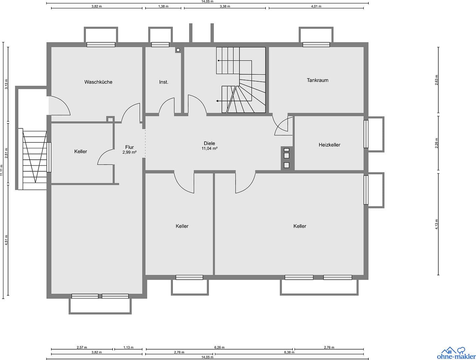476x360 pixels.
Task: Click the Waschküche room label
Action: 98,82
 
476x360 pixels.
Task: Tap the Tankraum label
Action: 317,80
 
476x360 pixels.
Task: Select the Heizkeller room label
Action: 329,145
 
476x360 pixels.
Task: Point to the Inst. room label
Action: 164,82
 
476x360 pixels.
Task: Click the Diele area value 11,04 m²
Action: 210,149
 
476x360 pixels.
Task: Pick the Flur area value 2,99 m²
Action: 129,152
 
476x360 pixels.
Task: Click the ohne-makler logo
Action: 456,353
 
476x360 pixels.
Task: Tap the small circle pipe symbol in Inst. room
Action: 178,50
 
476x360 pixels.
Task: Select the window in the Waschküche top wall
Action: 101,45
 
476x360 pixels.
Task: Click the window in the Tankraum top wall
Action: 316,45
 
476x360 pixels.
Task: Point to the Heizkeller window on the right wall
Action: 366,134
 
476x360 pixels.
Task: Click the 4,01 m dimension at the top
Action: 316,6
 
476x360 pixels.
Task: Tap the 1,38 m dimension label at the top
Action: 163,6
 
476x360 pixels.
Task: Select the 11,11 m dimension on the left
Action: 2,170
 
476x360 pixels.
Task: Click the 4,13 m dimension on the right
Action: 437,224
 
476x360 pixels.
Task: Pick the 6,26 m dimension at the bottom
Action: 220,347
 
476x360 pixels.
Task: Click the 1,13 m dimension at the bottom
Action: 128,347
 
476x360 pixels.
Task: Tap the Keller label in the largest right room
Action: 300,226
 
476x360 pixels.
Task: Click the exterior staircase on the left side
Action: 35,157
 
